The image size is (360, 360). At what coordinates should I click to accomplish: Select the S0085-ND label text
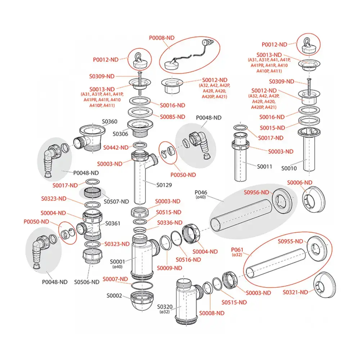click(172, 117)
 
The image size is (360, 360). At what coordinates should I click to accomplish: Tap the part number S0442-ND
click(116, 147)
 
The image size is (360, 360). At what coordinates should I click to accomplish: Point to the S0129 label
click(164, 185)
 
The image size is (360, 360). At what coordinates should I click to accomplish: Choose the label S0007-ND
click(115, 279)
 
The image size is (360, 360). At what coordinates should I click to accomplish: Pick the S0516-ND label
click(188, 260)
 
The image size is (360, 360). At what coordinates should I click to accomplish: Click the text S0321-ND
click(296, 292)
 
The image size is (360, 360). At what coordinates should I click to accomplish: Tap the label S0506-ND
click(87, 282)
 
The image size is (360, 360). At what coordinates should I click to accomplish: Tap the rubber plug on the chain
click(169, 64)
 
